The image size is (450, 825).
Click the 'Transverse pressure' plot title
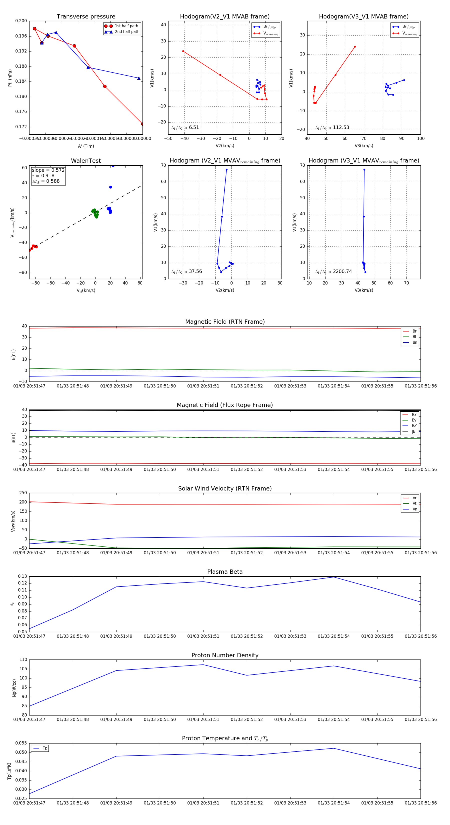point(86,17)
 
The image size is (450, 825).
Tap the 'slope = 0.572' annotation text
point(48,170)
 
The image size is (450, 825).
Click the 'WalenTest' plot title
point(86,161)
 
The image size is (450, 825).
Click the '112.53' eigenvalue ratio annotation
point(341,127)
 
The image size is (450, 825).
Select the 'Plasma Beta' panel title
point(225,572)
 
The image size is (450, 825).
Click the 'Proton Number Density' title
point(225,655)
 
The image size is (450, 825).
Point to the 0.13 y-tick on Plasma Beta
point(22,576)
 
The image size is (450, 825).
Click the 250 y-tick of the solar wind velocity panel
point(23,493)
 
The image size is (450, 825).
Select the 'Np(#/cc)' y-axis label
point(14,687)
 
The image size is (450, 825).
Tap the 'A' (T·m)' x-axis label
point(86,146)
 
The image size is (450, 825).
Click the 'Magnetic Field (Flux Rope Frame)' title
point(225,405)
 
